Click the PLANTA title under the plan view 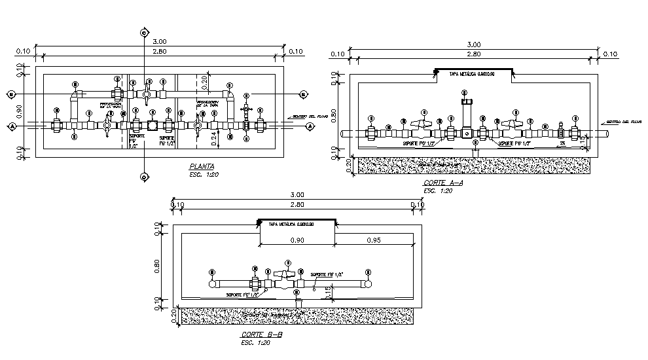[201, 167]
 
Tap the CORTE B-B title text [261, 334]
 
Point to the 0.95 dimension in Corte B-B [374, 240]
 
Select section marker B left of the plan [11, 94]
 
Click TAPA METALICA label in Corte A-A [471, 75]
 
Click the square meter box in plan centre [153, 126]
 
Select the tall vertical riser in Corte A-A [466, 115]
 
